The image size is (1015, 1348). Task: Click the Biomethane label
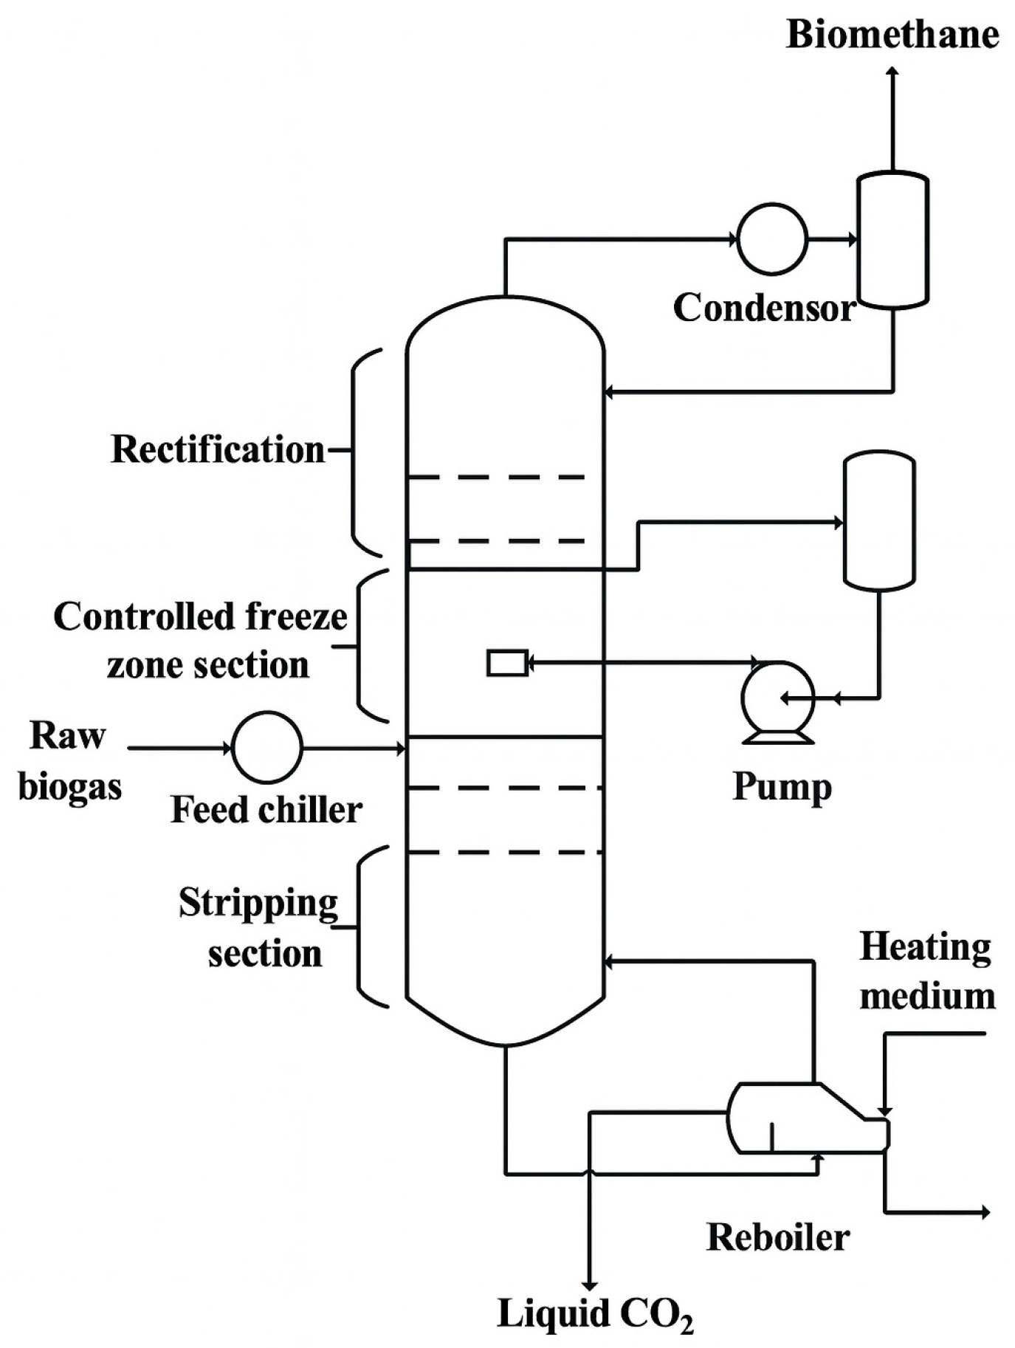click(892, 35)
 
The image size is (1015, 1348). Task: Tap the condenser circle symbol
click(772, 238)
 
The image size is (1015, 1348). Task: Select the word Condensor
click(764, 308)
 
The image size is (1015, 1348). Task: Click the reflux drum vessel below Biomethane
click(892, 239)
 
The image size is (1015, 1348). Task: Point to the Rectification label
click(218, 449)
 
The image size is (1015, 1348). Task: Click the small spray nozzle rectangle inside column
click(507, 662)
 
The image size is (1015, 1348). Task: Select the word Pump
click(782, 786)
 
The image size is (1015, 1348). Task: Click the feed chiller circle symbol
click(266, 747)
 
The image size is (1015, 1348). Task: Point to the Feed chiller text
click(266, 810)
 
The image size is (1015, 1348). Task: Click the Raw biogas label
click(69, 760)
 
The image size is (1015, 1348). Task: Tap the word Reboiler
click(778, 1237)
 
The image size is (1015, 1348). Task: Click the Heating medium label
click(926, 972)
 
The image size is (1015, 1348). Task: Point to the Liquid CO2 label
click(594, 1313)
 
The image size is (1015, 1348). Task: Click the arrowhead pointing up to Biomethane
click(892, 72)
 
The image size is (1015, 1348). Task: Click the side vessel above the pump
click(879, 521)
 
